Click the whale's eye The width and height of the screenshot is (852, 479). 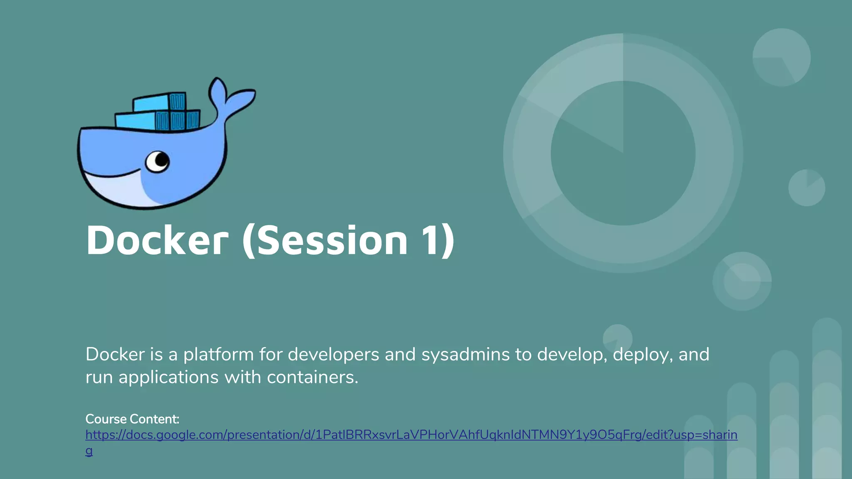158,161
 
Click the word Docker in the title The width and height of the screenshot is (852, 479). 157,241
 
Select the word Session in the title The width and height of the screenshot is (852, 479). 332,241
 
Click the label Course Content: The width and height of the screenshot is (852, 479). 132,419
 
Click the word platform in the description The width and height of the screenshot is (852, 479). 218,355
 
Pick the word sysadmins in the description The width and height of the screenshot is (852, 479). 466,355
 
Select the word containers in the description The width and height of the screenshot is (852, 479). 312,378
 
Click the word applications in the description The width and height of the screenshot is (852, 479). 168,378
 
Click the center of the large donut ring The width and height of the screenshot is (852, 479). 623,153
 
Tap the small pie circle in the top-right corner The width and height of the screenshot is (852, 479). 781,57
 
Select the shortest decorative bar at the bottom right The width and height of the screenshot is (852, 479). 699,447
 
